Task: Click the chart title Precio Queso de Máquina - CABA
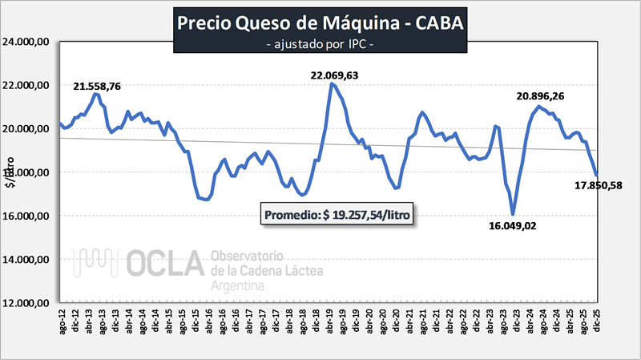point(320,23)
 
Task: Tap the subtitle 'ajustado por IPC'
point(320,44)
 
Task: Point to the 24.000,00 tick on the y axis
point(29,42)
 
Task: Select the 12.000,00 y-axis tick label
point(29,303)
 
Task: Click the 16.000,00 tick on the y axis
point(29,216)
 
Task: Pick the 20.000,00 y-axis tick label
point(29,129)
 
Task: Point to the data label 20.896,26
point(552,96)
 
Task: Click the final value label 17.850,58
point(599,186)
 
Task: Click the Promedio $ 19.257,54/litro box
point(337,216)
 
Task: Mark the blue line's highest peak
point(331,83)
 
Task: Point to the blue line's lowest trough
point(513,214)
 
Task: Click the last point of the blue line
point(597,175)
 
